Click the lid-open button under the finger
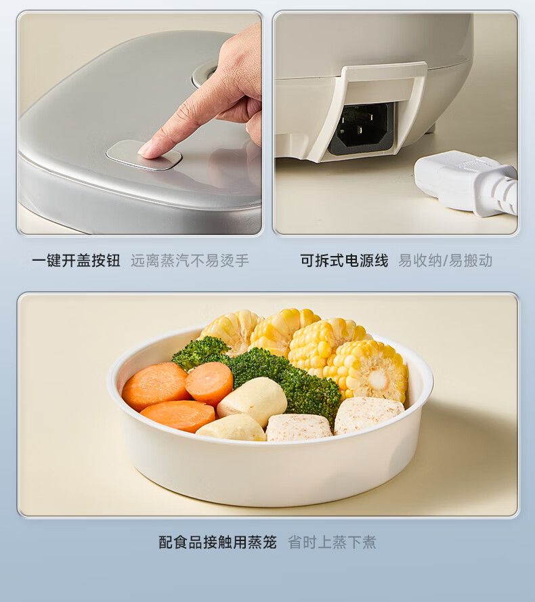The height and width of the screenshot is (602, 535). click(x=144, y=156)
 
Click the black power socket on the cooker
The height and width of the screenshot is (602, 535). click(x=362, y=127)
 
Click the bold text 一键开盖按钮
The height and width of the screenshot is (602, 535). click(x=76, y=260)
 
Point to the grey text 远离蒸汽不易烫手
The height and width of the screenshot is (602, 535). click(x=190, y=260)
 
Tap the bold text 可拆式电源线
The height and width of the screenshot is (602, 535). click(x=344, y=260)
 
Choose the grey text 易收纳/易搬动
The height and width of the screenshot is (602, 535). click(x=445, y=260)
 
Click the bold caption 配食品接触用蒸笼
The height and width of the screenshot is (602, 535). click(x=218, y=542)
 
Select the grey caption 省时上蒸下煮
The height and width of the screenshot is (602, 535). click(x=333, y=542)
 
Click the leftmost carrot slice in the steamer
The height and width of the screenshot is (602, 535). click(x=154, y=386)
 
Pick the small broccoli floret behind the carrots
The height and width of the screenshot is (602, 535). click(x=199, y=351)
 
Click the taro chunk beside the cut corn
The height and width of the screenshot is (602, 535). click(x=368, y=416)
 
